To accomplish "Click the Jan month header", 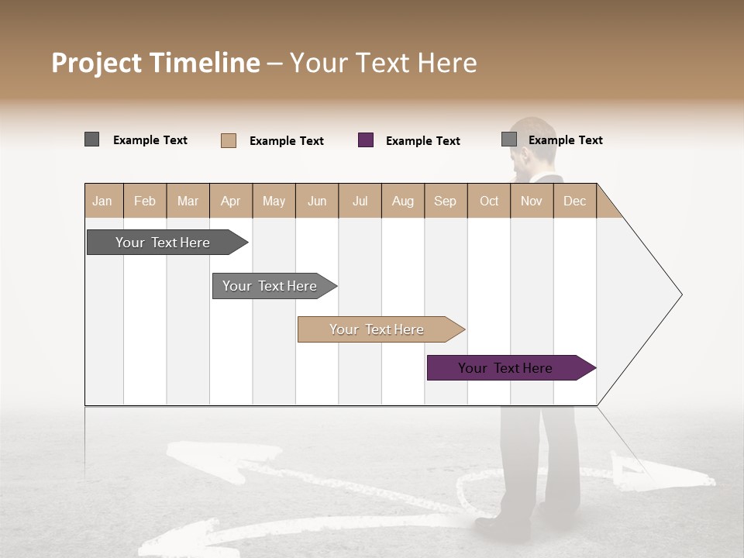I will pos(102,201).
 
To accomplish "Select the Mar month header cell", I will pos(188,201).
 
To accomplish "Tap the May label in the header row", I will pos(274,201).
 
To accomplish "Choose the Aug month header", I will pos(402,201).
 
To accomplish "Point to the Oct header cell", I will pos(489,201).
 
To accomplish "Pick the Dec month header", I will pos(574,201).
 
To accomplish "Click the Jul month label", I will pos(360,201).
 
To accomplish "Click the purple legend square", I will pos(366,140).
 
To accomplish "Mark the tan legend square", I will pos(229,140).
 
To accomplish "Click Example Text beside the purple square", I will pos(422,141).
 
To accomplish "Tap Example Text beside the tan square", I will pos(286,141).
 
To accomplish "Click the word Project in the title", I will pos(97,63).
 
